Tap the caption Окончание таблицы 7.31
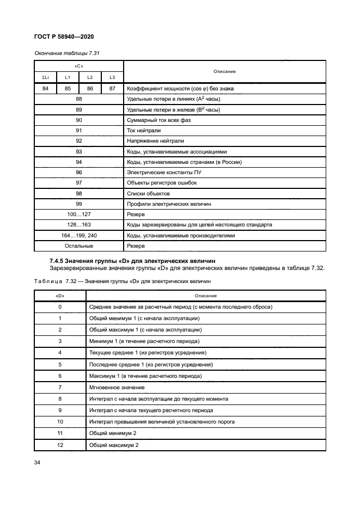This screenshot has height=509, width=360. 66,53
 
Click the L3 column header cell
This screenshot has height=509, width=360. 112,77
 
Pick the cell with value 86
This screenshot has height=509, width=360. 90,89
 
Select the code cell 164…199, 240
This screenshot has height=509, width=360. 78,236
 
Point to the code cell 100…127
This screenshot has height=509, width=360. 78,214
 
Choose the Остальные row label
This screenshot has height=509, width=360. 78,246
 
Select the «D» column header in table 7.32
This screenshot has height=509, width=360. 60,296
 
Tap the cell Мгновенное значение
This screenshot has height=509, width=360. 117,387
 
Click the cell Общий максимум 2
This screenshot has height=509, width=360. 114,445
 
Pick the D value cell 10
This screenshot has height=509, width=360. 60,422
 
